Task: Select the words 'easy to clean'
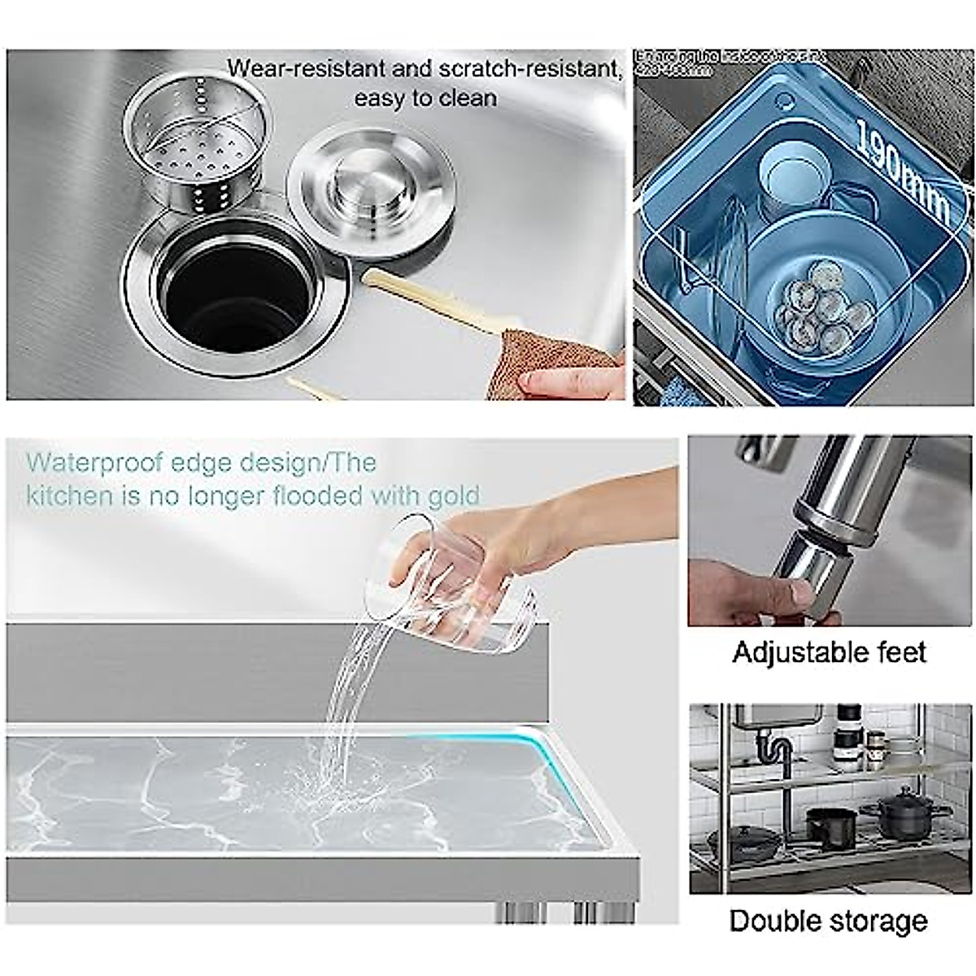point(425,98)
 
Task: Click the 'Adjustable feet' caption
point(829,652)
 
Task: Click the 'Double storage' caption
point(828,921)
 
